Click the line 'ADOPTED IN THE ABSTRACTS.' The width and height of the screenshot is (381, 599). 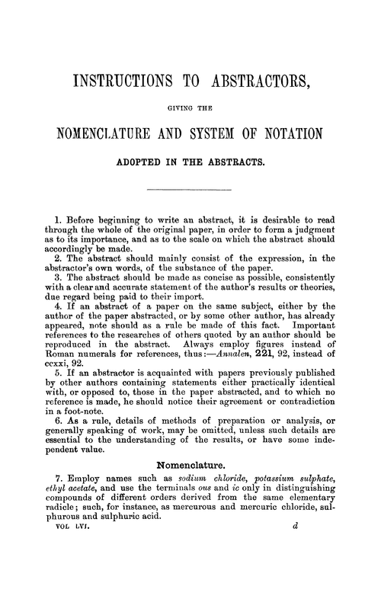[190, 162]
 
